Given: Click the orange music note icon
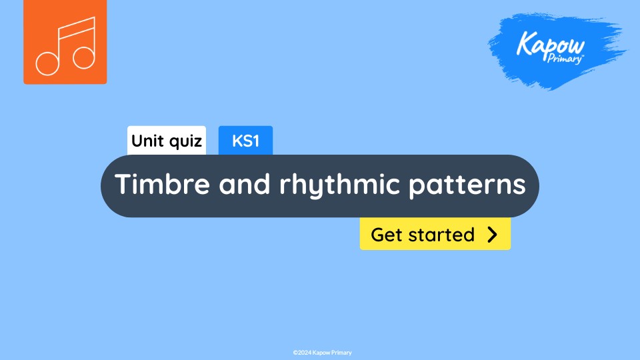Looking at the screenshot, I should tap(65, 41).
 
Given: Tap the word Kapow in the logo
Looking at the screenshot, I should tap(551, 45).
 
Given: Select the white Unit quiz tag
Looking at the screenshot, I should tap(167, 141).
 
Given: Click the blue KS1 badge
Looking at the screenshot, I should tap(245, 141).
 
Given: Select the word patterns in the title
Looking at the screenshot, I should tap(467, 184).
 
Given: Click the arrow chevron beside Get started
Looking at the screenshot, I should tap(493, 234).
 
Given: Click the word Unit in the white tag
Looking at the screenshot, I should tap(147, 141).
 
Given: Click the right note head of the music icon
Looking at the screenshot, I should tap(84, 57).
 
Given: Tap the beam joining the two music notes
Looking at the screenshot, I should tap(75, 25).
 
